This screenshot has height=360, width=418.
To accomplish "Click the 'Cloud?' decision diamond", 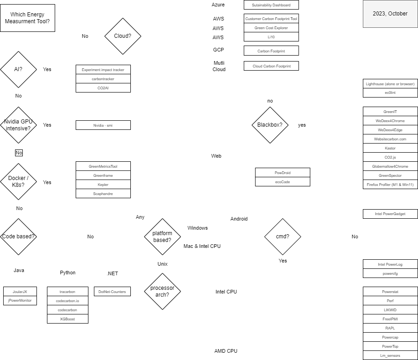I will pos(123,36).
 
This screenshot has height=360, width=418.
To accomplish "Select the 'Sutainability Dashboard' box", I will pos(271,5).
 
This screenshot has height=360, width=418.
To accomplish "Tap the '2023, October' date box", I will pos(390,14).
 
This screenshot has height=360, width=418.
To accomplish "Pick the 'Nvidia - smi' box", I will pos(103,125).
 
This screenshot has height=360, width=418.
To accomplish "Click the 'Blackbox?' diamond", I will pos(270,125).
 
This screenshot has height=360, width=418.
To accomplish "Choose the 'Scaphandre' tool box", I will pos(103,194).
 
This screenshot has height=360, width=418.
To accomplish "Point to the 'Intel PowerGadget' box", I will pos(390,214).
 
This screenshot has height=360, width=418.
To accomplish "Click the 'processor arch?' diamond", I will pos(162,291).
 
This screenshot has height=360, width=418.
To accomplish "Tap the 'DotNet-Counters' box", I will pos(112,291).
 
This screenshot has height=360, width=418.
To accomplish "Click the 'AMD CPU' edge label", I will pos(226,351).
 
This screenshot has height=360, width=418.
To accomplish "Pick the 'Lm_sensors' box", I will pos(390,355).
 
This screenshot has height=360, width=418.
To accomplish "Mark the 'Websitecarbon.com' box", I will pos(390,139).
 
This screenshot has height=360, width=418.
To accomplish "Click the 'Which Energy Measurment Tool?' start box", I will pos(27,18).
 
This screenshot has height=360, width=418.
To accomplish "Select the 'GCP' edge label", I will pos(218,50).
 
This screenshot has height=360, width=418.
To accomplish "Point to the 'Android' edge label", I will pos(239,219).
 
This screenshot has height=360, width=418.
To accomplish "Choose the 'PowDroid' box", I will pos(283,173).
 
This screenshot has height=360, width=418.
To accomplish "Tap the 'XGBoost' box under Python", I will pos(67,319).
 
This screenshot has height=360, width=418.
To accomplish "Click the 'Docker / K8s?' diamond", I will pos(18,182).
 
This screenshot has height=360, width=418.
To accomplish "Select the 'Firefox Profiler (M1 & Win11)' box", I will pos(390,185).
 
